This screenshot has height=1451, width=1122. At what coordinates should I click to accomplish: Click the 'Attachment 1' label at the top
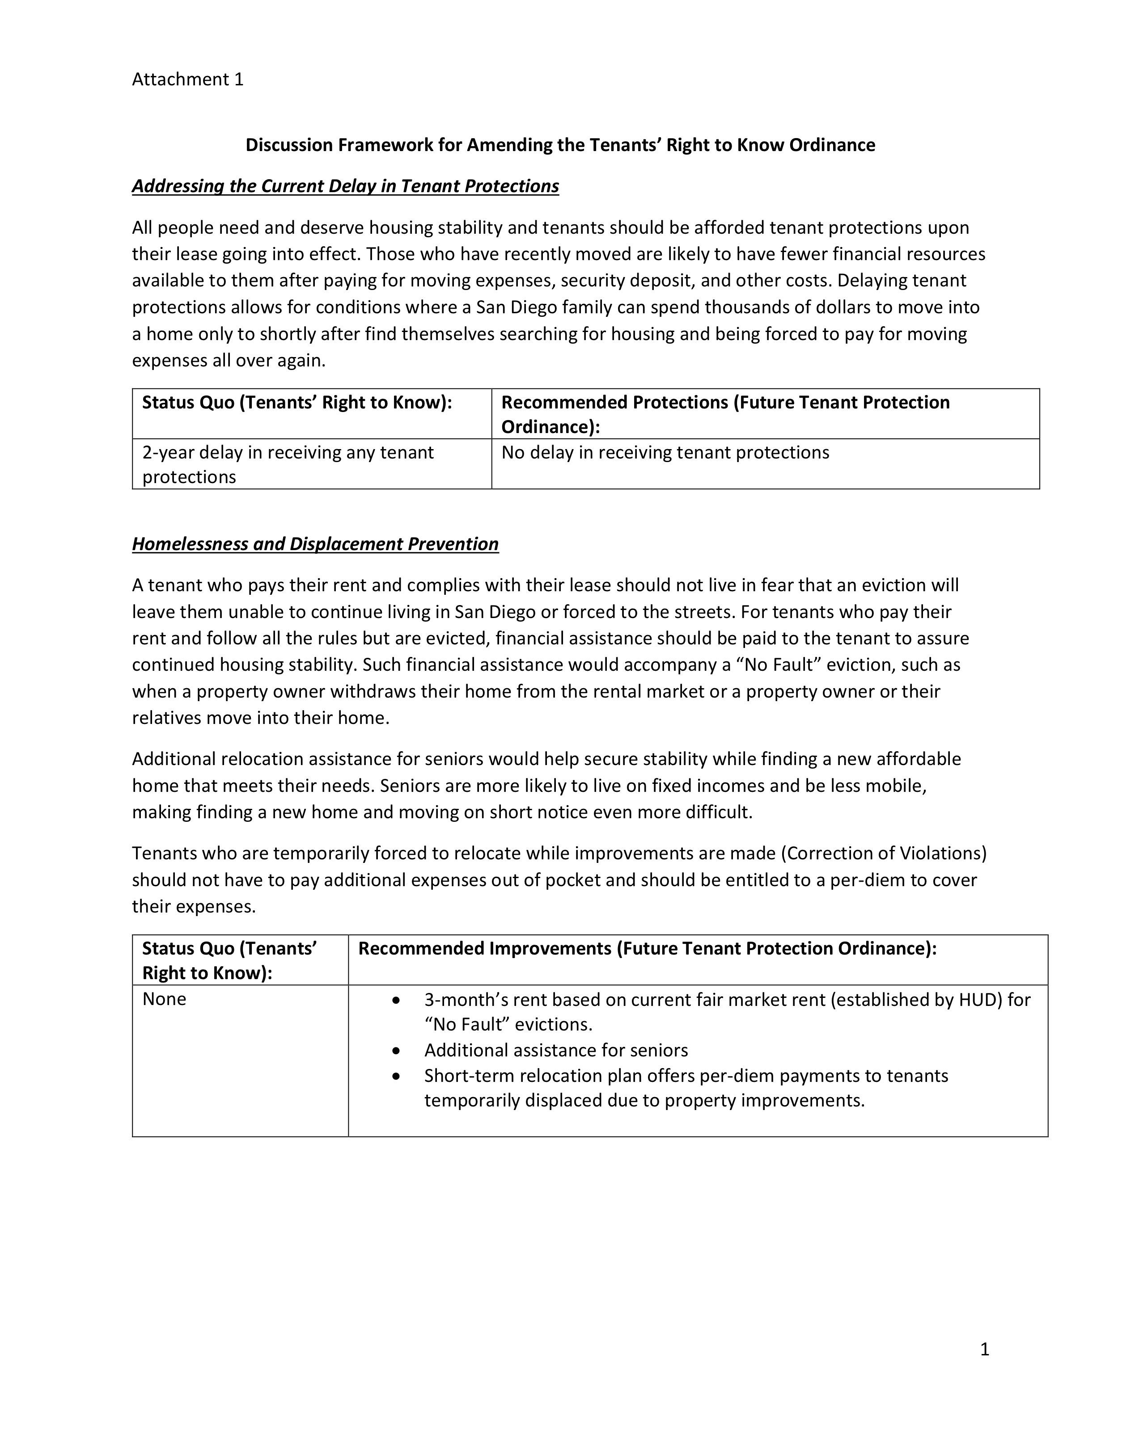point(187,80)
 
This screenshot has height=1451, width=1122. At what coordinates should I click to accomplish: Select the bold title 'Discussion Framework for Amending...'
point(560,145)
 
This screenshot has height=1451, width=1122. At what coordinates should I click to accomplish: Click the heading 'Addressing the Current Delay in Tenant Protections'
point(345,186)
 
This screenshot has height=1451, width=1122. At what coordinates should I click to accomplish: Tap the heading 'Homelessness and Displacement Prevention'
point(315,544)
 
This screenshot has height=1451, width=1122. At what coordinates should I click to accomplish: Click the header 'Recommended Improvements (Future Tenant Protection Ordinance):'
point(647,949)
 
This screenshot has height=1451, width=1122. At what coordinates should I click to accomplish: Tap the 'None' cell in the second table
point(164,999)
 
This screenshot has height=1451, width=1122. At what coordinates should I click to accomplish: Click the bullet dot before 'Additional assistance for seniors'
point(396,1051)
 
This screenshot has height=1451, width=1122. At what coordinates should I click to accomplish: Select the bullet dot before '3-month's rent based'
point(396,1001)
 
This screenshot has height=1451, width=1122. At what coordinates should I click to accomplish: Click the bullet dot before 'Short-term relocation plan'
point(396,1076)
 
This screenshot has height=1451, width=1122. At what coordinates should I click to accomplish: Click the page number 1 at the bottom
point(984,1350)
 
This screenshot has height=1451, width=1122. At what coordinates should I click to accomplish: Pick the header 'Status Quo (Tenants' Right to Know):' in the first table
point(296,403)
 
